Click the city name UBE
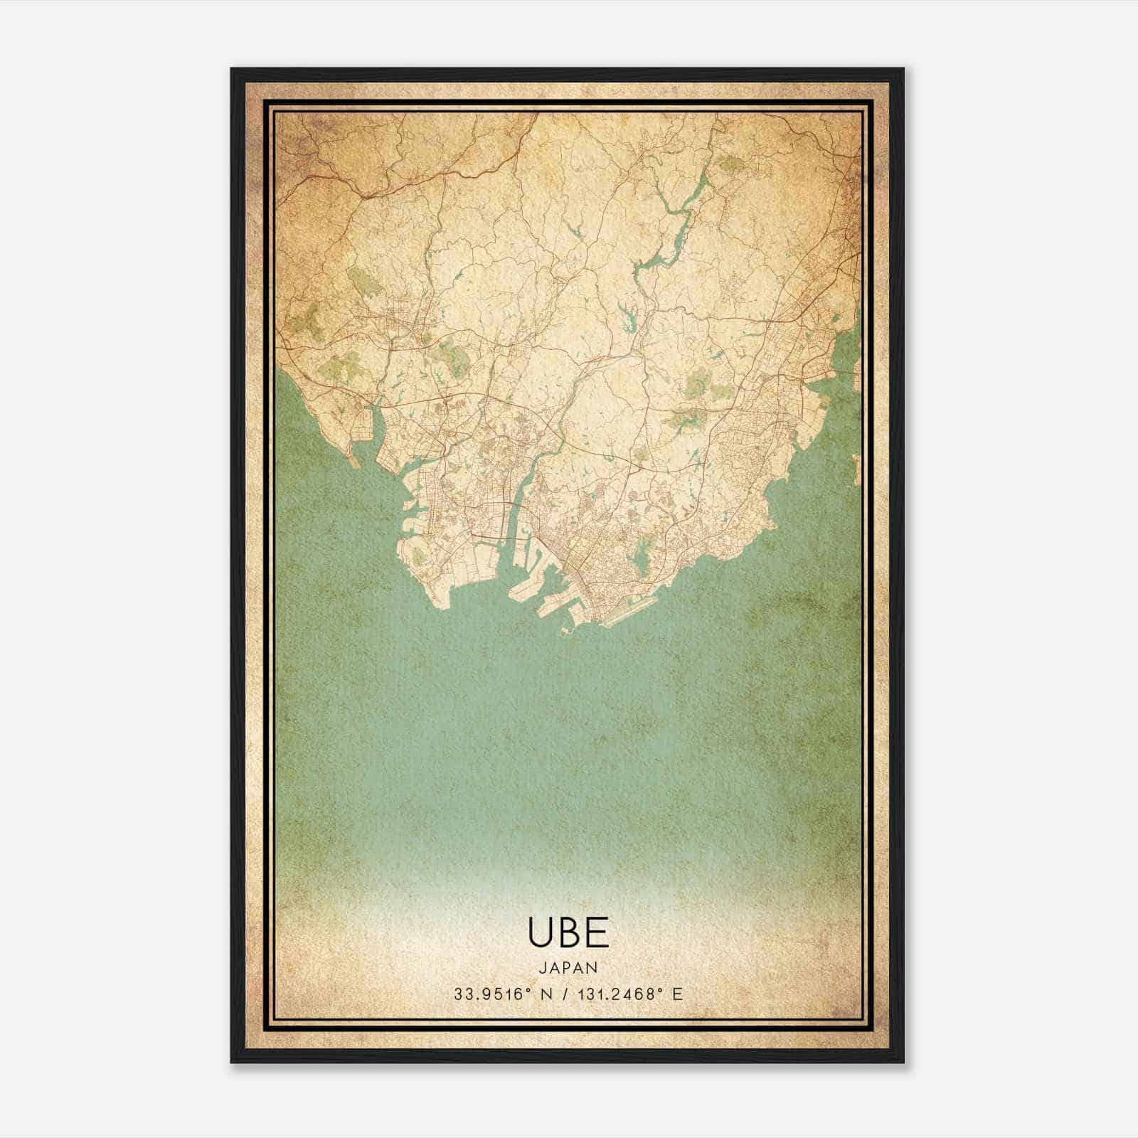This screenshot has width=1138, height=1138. [x=568, y=932]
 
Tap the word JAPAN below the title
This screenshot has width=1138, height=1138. [x=568, y=967]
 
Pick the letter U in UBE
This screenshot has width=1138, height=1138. [x=539, y=932]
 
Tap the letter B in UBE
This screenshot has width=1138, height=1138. [x=570, y=932]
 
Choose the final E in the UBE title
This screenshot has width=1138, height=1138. [x=598, y=932]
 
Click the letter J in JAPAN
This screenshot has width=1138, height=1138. [x=542, y=967]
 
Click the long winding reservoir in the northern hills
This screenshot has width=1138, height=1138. [x=669, y=228]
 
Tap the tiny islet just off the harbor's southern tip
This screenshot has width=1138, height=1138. [x=566, y=630]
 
